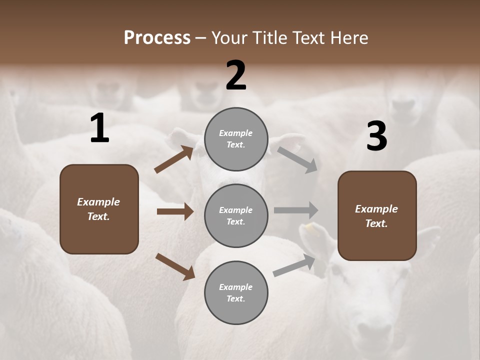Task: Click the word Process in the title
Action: (157, 38)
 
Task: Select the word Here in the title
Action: (348, 38)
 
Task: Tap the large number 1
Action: (99, 128)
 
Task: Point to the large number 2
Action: (236, 75)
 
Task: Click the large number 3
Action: (376, 136)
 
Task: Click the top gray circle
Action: (236, 138)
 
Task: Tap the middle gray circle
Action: (236, 215)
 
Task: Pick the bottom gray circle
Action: (236, 292)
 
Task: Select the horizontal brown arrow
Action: (175, 211)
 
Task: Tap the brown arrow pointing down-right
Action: (175, 266)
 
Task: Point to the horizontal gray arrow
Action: (296, 210)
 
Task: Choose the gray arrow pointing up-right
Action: (294, 265)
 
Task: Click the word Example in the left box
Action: (98, 202)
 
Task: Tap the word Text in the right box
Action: (376, 223)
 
